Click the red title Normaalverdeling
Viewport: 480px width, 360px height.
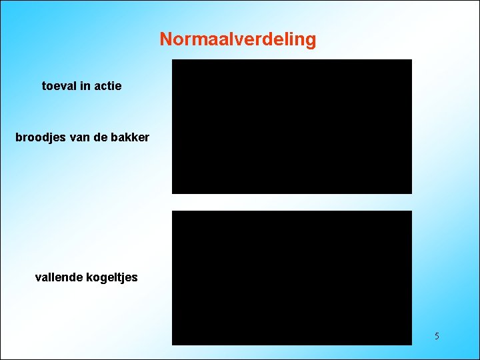pyautogui.click(x=238, y=39)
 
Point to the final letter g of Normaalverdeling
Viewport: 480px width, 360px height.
pyautogui.click(x=311, y=41)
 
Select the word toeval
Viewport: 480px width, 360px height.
pyautogui.click(x=59, y=86)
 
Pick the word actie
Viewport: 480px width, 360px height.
pyautogui.click(x=107, y=86)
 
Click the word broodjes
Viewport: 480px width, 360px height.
pyautogui.click(x=37, y=139)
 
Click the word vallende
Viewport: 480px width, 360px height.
pyautogui.click(x=59, y=277)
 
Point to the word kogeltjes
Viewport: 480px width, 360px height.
pyautogui.click(x=112, y=277)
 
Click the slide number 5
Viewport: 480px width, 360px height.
pyautogui.click(x=437, y=336)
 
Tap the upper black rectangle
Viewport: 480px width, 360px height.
pyautogui.click(x=292, y=127)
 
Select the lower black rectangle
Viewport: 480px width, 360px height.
pyautogui.click(x=292, y=278)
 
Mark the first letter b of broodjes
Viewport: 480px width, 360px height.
pyautogui.click(x=18, y=139)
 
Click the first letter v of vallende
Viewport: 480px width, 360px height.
pyautogui.click(x=37, y=277)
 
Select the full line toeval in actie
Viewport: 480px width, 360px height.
pyautogui.click(x=81, y=86)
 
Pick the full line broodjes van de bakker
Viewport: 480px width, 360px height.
pyautogui.click(x=82, y=139)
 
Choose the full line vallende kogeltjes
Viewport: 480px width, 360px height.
pyautogui.click(x=86, y=277)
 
